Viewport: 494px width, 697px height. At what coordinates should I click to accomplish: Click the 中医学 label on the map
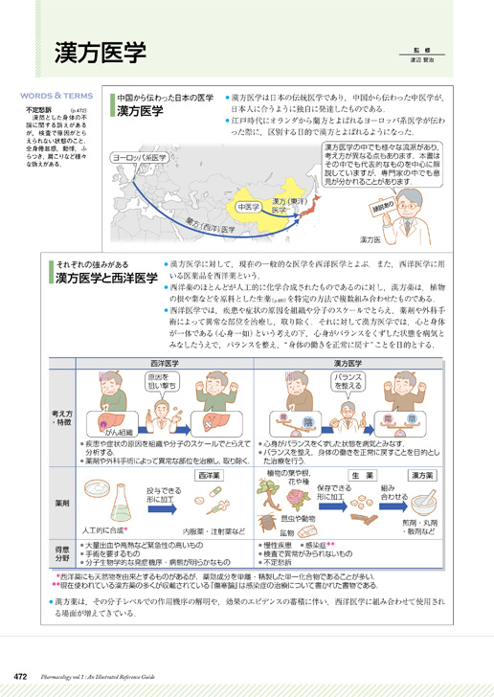tap(247, 206)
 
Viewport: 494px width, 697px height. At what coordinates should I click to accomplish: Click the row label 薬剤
tap(62, 502)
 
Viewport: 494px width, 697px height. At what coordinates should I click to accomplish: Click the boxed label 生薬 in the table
tap(362, 475)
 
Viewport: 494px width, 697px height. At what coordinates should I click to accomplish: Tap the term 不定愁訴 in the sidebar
tap(38, 111)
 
